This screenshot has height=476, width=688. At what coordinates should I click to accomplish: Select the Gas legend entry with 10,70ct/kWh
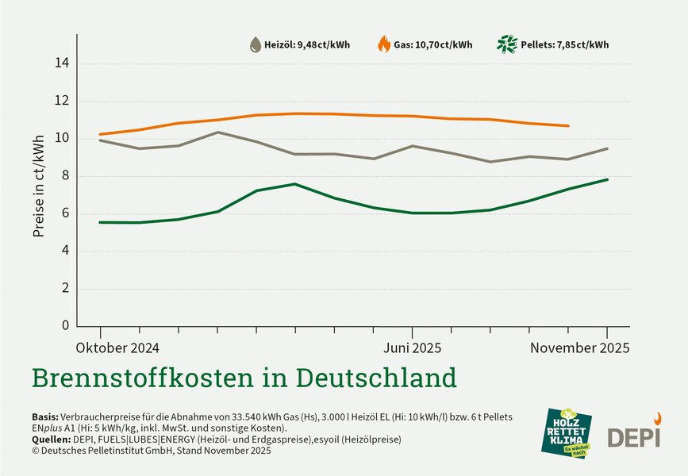[432, 45]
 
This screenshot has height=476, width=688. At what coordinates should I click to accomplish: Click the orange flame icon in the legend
[384, 44]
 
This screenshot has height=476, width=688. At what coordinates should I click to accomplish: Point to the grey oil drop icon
[255, 44]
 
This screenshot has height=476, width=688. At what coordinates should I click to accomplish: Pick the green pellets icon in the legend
[506, 44]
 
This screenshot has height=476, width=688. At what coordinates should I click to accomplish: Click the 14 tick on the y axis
[63, 63]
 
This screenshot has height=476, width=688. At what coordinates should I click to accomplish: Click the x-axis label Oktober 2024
[117, 348]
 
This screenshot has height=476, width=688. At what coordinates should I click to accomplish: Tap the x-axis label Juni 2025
[412, 348]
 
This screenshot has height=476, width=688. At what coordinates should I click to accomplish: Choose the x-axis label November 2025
[580, 348]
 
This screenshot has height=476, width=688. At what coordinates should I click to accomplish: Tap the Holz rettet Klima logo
[568, 432]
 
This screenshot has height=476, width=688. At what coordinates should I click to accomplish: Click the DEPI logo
[634, 435]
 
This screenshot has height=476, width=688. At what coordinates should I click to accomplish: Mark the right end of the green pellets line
[607, 179]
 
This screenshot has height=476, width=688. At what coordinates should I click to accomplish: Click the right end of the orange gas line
[568, 126]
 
